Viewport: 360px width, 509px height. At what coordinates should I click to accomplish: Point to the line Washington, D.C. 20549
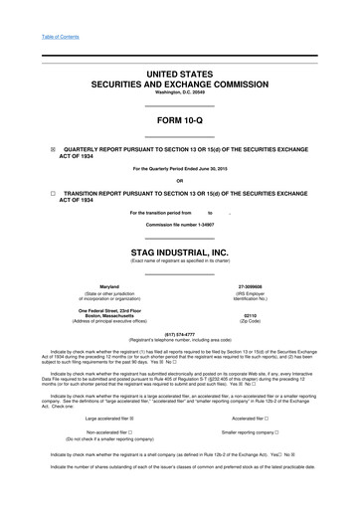click(180, 92)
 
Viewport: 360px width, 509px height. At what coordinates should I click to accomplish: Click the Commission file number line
click(180, 226)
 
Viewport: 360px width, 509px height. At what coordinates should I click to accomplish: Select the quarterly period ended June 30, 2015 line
click(180, 169)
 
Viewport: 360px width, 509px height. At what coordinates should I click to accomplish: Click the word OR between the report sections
click(180, 180)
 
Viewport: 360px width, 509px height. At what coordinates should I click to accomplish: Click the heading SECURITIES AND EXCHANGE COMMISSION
click(180, 84)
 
